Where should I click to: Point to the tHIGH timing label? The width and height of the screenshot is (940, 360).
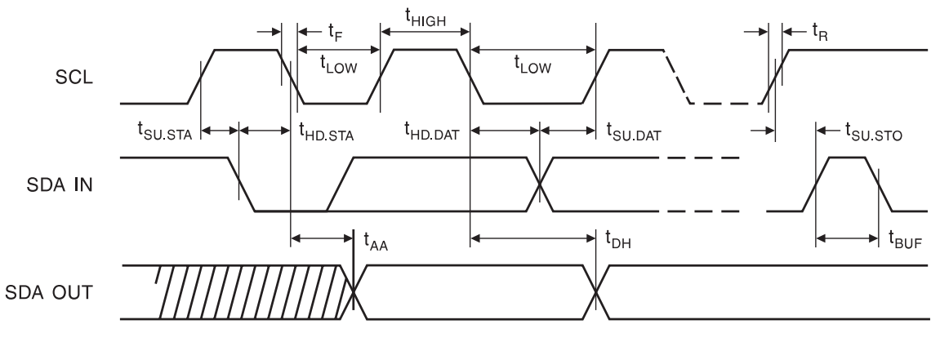point(425,16)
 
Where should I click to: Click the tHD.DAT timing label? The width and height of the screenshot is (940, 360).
point(432,130)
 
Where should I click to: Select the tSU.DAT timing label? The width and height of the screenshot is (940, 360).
point(634,130)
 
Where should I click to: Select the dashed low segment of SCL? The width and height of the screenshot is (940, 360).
point(725,104)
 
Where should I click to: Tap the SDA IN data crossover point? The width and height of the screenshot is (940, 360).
point(540,184)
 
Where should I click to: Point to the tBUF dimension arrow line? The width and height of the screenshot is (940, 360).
point(847,238)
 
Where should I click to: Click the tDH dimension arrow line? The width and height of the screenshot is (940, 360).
point(533,238)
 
